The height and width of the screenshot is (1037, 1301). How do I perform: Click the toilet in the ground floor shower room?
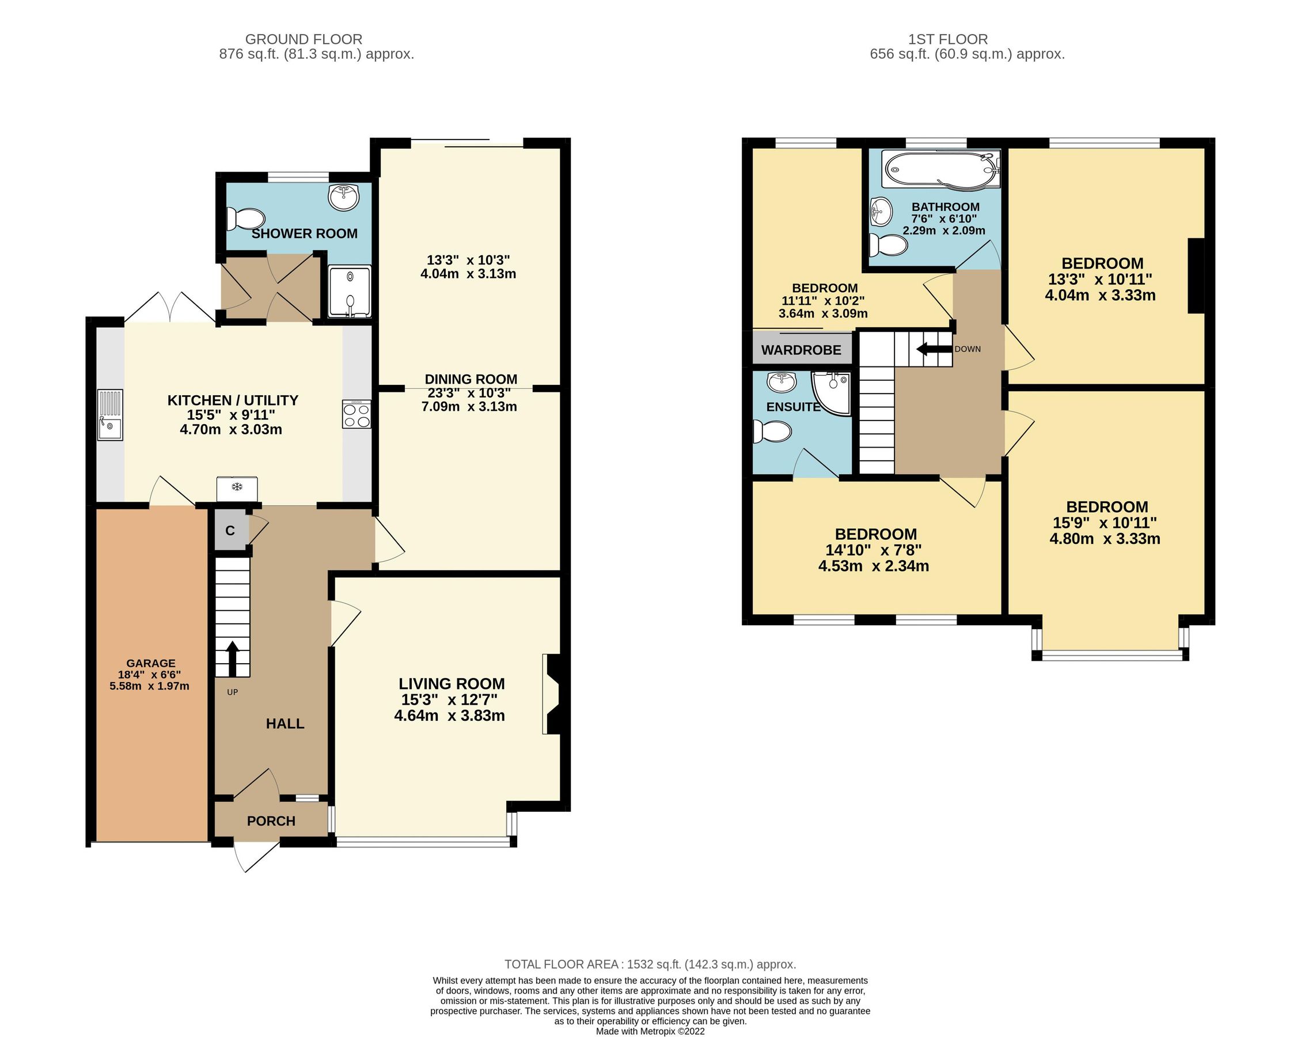[245, 218]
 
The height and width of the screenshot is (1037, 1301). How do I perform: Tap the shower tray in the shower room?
[350, 292]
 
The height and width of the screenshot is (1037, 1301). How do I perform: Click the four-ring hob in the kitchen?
[356, 414]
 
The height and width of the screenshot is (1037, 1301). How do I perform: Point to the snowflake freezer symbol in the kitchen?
[237, 486]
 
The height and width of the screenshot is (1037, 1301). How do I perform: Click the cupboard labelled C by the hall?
[230, 531]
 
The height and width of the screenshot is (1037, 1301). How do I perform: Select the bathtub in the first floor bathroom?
[939, 169]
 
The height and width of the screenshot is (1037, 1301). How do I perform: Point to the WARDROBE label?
[801, 350]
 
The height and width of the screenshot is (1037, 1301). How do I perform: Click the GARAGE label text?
[151, 663]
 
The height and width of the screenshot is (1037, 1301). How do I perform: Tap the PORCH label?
[271, 821]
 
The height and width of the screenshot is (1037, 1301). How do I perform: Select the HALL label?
[285, 724]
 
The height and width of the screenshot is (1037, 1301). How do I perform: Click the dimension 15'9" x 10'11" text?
[1104, 523]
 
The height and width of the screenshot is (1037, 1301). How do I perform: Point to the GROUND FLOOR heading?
[304, 39]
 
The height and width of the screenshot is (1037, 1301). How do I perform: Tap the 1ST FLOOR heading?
[947, 39]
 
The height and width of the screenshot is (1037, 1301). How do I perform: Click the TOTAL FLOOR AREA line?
[650, 964]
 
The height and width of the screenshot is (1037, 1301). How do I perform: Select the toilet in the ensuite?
[773, 432]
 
